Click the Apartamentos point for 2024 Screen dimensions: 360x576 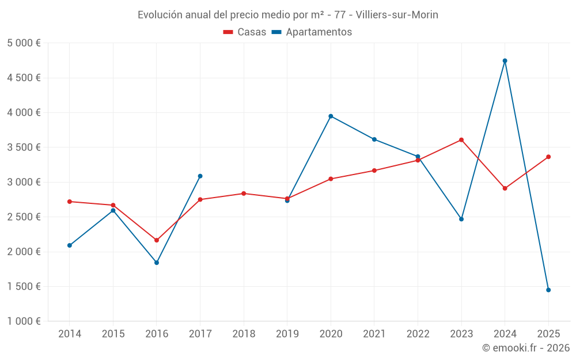click(505, 60)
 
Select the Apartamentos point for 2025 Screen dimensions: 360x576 click(548, 290)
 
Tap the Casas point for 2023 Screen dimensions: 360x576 click(461, 139)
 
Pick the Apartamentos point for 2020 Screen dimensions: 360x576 click(331, 116)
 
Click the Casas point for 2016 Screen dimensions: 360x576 click(157, 240)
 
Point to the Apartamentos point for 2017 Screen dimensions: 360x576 click(200, 176)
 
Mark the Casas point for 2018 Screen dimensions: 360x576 click(244, 194)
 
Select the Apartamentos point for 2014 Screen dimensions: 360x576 click(70, 245)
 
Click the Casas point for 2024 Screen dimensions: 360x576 click(505, 188)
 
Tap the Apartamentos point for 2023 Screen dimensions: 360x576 click(461, 219)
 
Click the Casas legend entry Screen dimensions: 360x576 click(245, 32)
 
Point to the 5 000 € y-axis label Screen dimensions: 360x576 click(24, 43)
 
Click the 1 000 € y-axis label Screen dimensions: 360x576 click(24, 321)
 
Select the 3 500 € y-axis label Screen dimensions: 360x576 click(24, 147)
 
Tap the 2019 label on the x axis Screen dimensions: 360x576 click(287, 334)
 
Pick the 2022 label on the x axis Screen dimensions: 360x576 click(418, 334)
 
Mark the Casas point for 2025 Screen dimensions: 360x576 click(548, 157)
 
